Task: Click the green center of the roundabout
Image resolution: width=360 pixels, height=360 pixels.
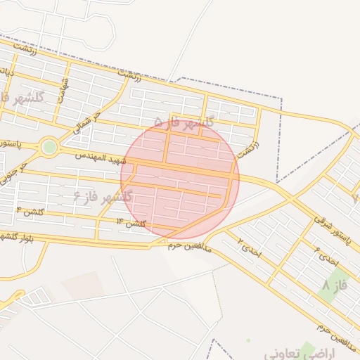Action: (49, 147)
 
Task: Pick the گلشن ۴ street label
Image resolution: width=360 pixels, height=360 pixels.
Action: (29, 211)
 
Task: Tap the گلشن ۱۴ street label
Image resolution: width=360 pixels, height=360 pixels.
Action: (131, 223)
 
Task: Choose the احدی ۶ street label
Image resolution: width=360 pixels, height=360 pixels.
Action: (326, 256)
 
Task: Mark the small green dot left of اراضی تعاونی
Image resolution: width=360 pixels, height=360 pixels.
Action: (248, 341)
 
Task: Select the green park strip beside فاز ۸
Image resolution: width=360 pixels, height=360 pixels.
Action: (337, 281)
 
